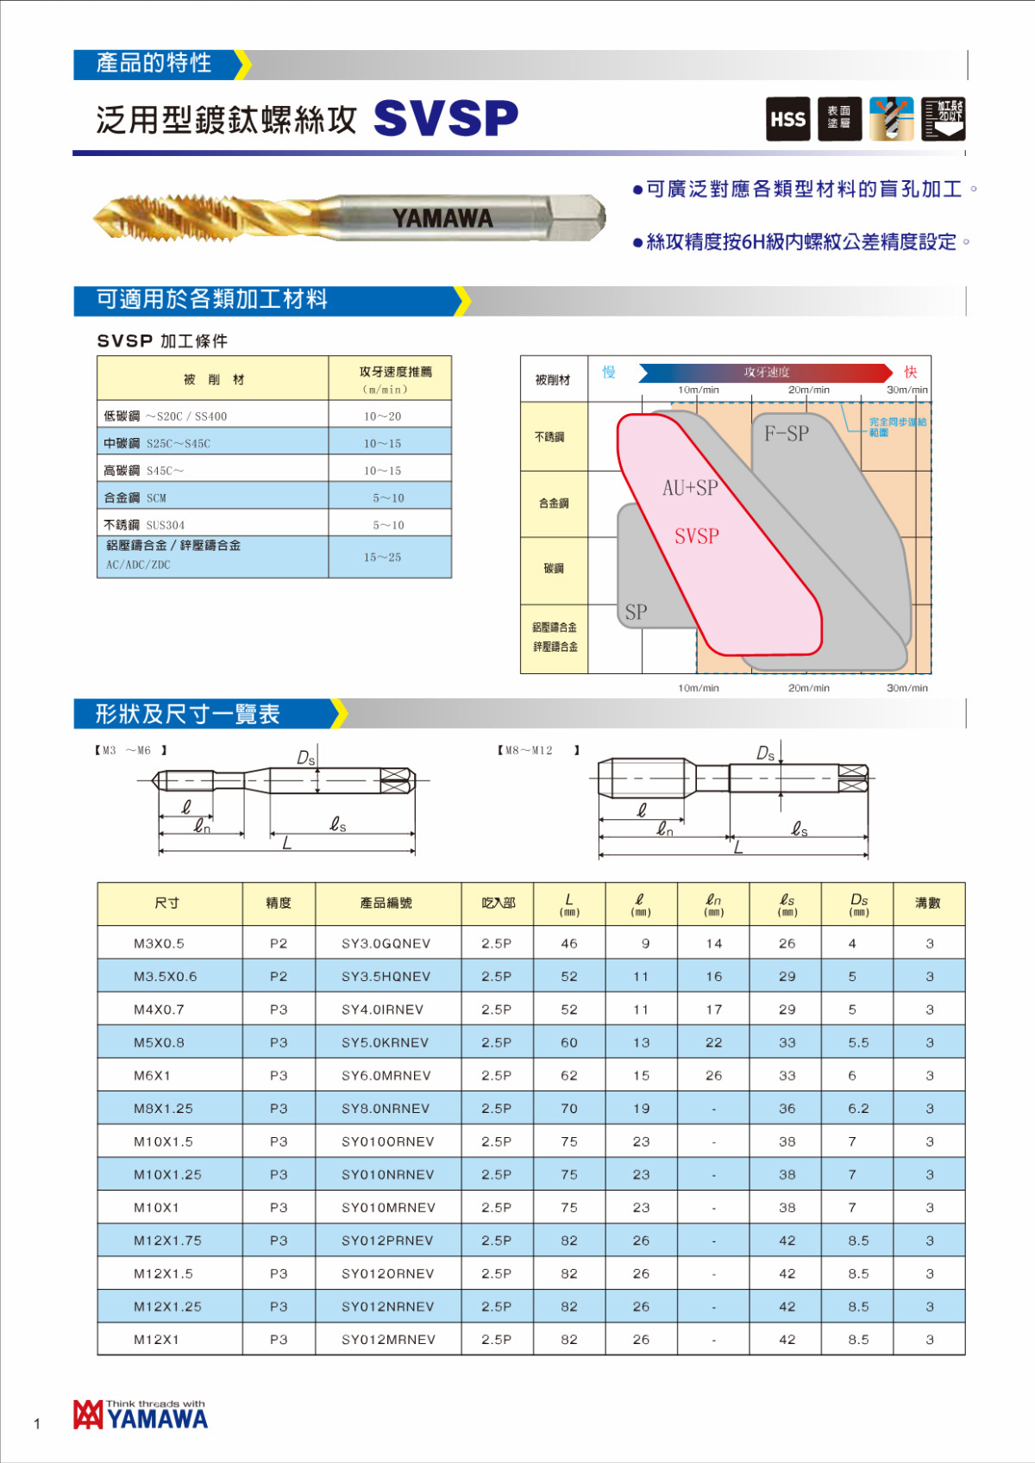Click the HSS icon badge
pos(787,119)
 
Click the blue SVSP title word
pos(446,118)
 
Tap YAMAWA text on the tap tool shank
pos(442,218)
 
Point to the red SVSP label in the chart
pos(696,536)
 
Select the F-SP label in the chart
pos(787,434)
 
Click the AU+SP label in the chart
pos(690,488)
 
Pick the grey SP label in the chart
pos(636,612)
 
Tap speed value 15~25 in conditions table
pos(382,558)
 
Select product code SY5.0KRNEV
pos(385,1042)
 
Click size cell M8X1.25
pos(163,1109)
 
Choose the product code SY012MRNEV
pos(388,1340)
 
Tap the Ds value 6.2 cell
pos(858,1109)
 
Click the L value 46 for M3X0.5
pos(569,943)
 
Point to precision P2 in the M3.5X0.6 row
pos(278,977)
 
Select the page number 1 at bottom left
pos(37,1423)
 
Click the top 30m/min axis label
pos(907,390)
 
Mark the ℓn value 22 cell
pos(713,1042)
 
